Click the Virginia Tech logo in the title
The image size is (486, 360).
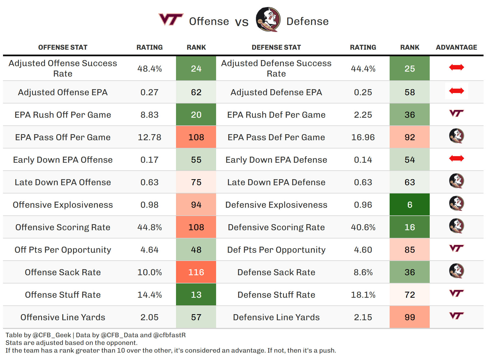171,19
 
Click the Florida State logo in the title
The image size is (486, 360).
268,19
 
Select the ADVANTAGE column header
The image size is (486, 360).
456,47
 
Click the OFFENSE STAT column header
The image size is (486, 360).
63,47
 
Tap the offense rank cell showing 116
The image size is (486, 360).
196,272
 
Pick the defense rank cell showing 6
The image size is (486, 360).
409,205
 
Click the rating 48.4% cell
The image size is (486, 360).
149,69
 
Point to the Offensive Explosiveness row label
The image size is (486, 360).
63,205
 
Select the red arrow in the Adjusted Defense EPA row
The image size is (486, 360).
456,91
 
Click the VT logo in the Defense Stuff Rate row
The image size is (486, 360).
456,293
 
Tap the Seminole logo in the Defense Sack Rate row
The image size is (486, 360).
456,271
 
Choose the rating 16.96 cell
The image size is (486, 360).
363,137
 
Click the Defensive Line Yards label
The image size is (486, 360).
276,317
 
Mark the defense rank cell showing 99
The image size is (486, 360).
409,317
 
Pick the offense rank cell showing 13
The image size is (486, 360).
196,295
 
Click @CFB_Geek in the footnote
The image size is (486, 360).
52,335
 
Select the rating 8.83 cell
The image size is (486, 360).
149,115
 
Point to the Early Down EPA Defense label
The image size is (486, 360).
276,160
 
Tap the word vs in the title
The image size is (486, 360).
242,22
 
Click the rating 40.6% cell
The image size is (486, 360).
363,227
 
